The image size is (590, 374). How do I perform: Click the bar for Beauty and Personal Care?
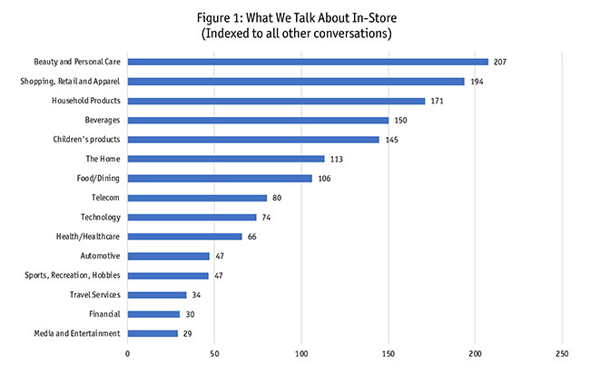click(x=308, y=62)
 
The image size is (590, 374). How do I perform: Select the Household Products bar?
click(x=276, y=101)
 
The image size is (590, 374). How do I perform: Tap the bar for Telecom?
click(x=197, y=198)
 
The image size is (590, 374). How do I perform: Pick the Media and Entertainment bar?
click(x=152, y=333)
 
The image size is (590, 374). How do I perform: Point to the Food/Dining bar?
click(x=220, y=178)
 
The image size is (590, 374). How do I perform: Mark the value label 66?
click(x=254, y=237)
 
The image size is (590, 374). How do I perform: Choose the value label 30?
click(x=191, y=314)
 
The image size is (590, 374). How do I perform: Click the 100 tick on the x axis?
click(x=301, y=354)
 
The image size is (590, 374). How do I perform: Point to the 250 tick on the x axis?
click(x=562, y=354)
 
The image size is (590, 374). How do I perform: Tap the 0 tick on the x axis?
click(x=128, y=354)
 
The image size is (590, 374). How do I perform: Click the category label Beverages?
click(x=102, y=120)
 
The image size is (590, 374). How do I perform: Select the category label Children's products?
click(x=87, y=140)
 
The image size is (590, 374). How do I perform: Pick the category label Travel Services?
click(x=94, y=295)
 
